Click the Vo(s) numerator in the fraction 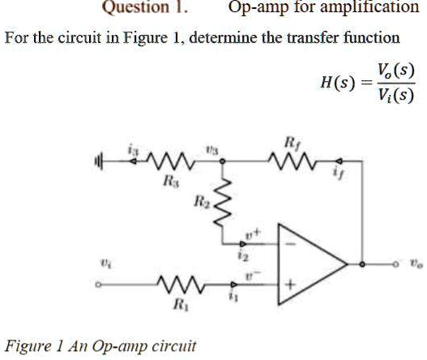[395, 70]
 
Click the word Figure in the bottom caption [27, 346]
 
